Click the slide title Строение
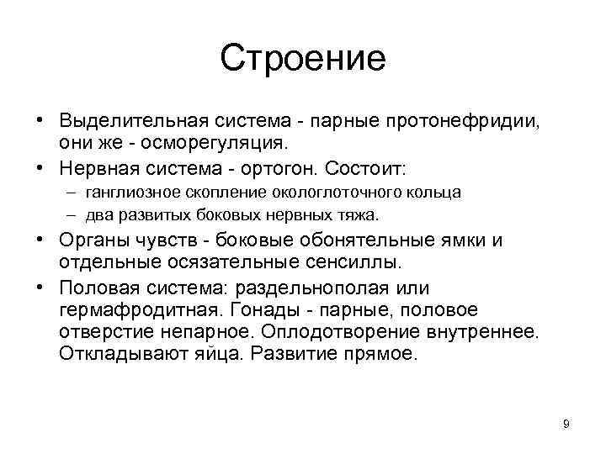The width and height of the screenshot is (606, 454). coord(303,58)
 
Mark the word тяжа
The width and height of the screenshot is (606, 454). coord(360,214)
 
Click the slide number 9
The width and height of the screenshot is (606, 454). coord(566,424)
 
